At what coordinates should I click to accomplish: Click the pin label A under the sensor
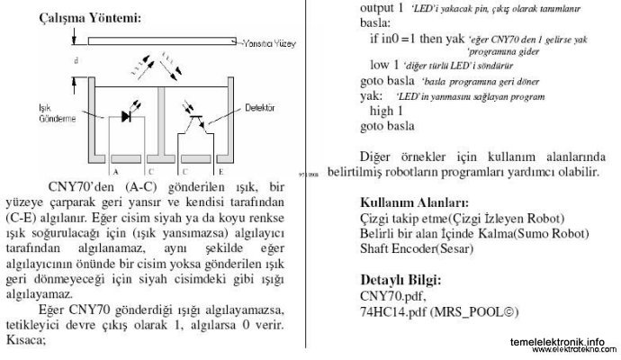115,170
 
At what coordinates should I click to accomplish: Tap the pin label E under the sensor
220,170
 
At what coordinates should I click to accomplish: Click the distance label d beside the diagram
76,60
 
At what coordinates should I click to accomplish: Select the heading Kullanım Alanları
413,202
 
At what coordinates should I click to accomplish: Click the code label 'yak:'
369,95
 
